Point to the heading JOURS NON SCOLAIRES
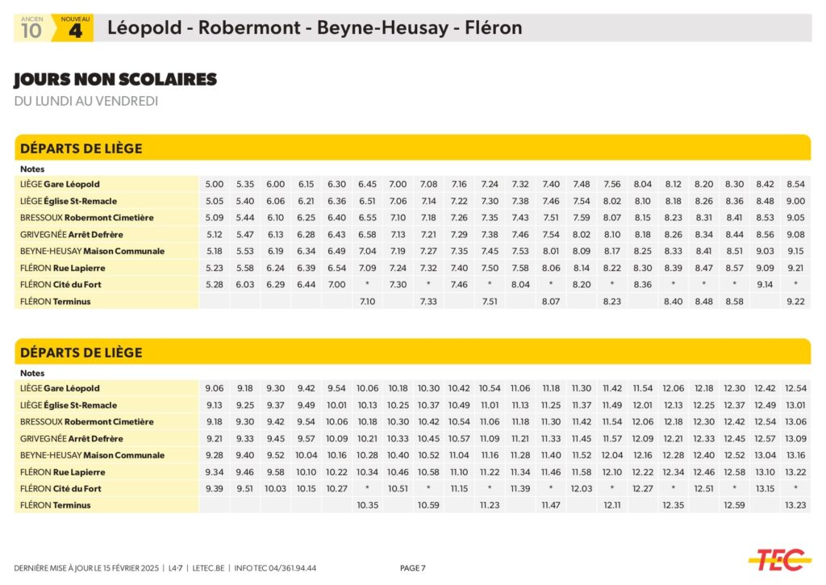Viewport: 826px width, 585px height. point(115,80)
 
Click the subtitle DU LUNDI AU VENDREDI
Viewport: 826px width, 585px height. point(86,101)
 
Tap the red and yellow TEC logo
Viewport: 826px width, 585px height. point(778,558)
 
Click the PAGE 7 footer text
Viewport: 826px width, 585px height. point(413,568)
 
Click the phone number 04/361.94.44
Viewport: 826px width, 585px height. point(289,568)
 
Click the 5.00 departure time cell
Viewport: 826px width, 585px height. point(214,184)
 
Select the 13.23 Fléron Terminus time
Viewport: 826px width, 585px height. point(795,505)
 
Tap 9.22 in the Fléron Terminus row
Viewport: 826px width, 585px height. point(795,301)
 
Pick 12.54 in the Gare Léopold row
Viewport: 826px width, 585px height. point(795,388)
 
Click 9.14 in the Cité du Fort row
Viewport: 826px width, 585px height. point(765,284)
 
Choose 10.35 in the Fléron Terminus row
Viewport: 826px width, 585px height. point(367,505)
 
